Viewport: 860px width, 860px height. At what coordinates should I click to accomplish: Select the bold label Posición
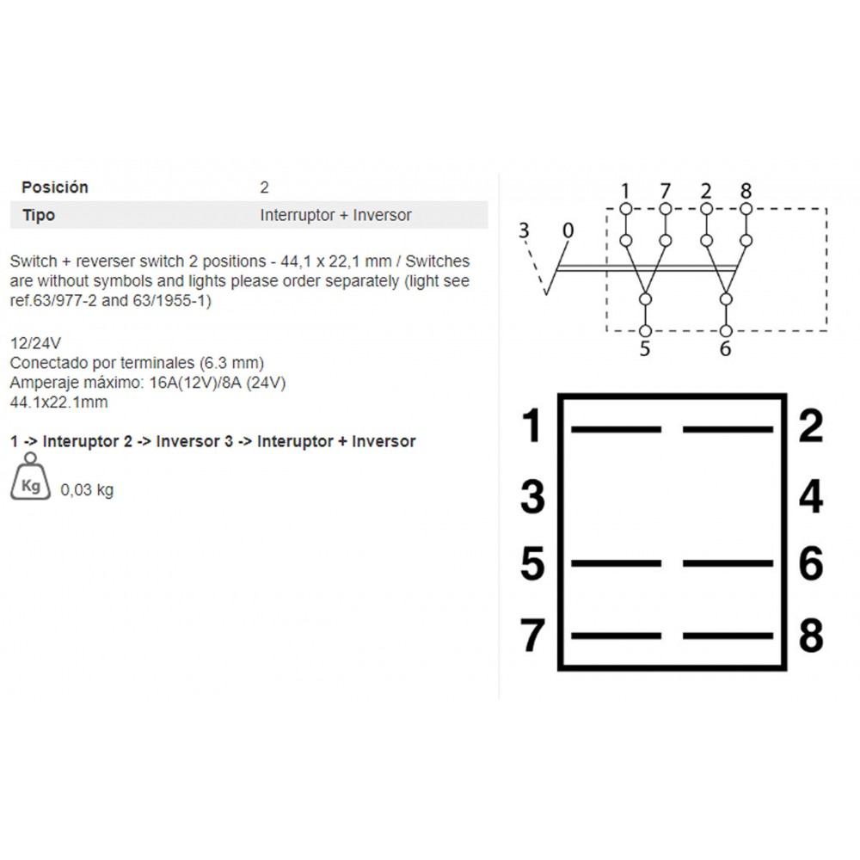(55, 187)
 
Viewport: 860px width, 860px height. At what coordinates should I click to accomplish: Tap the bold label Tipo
(39, 215)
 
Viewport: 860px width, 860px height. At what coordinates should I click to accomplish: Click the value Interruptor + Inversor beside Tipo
(335, 215)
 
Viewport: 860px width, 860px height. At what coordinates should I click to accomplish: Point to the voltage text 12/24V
(35, 343)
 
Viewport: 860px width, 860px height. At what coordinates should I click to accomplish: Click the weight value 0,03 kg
(87, 490)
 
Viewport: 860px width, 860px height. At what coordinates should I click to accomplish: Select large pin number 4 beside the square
(811, 497)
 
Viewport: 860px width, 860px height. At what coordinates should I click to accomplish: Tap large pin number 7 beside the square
(532, 636)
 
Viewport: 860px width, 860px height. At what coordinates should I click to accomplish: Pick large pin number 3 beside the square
(532, 497)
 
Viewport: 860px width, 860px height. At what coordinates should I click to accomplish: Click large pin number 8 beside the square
(811, 636)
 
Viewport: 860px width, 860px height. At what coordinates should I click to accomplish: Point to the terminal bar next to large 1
(616, 429)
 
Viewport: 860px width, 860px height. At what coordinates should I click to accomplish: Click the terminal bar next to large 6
(728, 563)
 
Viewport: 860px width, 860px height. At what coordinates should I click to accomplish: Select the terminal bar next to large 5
(616, 563)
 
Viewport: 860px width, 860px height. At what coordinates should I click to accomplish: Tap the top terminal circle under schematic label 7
(666, 209)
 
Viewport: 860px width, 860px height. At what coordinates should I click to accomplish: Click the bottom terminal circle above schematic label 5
(646, 331)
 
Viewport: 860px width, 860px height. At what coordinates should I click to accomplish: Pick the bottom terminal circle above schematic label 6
(726, 331)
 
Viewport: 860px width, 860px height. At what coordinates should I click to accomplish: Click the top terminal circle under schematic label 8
(746, 209)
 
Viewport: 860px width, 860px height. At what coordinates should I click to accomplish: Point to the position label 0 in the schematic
(568, 230)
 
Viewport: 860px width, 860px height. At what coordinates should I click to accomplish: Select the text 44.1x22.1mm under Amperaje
(58, 402)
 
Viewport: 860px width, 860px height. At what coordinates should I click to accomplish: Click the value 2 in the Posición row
(264, 187)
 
